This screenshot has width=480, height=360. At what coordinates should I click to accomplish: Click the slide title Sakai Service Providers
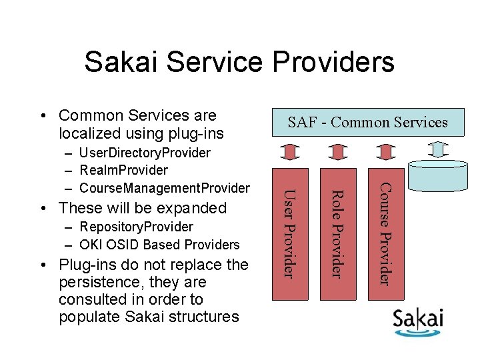point(239,63)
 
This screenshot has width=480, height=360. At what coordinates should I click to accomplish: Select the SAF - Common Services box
point(367,122)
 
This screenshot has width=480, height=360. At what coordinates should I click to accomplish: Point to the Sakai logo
point(418,321)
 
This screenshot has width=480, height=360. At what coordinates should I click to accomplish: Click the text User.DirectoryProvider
point(145,153)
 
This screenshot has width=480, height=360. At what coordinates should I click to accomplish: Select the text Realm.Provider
point(123,171)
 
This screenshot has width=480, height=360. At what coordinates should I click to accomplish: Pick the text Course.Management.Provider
point(164,188)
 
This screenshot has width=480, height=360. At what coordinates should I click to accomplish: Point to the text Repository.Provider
point(136,227)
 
